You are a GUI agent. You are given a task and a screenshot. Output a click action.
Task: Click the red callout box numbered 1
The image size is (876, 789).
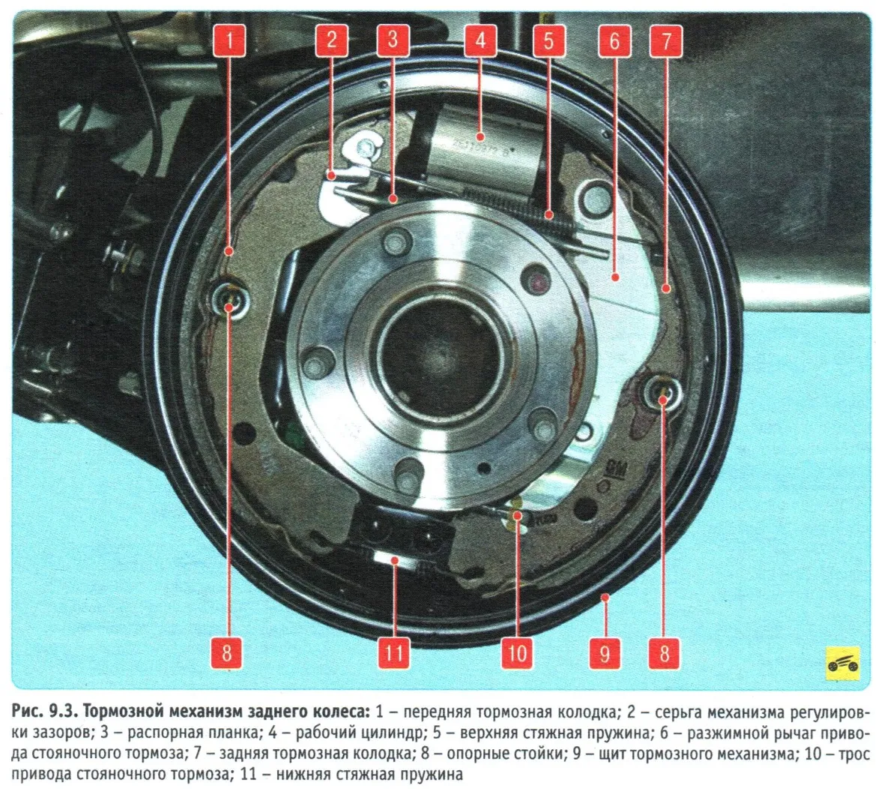[x=229, y=40]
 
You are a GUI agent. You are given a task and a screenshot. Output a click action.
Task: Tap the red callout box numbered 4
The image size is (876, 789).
[x=480, y=40]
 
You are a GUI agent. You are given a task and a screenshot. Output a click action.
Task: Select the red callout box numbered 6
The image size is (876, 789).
[x=614, y=40]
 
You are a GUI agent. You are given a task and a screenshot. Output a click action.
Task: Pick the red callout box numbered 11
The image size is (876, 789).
[x=394, y=652]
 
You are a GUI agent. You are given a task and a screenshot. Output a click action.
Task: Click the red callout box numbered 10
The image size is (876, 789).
[x=517, y=652]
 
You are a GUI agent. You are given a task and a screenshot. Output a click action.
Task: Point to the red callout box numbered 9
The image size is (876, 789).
[x=605, y=652]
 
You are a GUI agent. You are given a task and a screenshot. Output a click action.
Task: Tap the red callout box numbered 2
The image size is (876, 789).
[x=331, y=40]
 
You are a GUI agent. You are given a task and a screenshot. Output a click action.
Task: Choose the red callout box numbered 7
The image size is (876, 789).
[x=665, y=40]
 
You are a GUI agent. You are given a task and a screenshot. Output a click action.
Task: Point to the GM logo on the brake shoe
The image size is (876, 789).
[x=617, y=469]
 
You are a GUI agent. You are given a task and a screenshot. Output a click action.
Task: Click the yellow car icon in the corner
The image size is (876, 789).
[x=842, y=664]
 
